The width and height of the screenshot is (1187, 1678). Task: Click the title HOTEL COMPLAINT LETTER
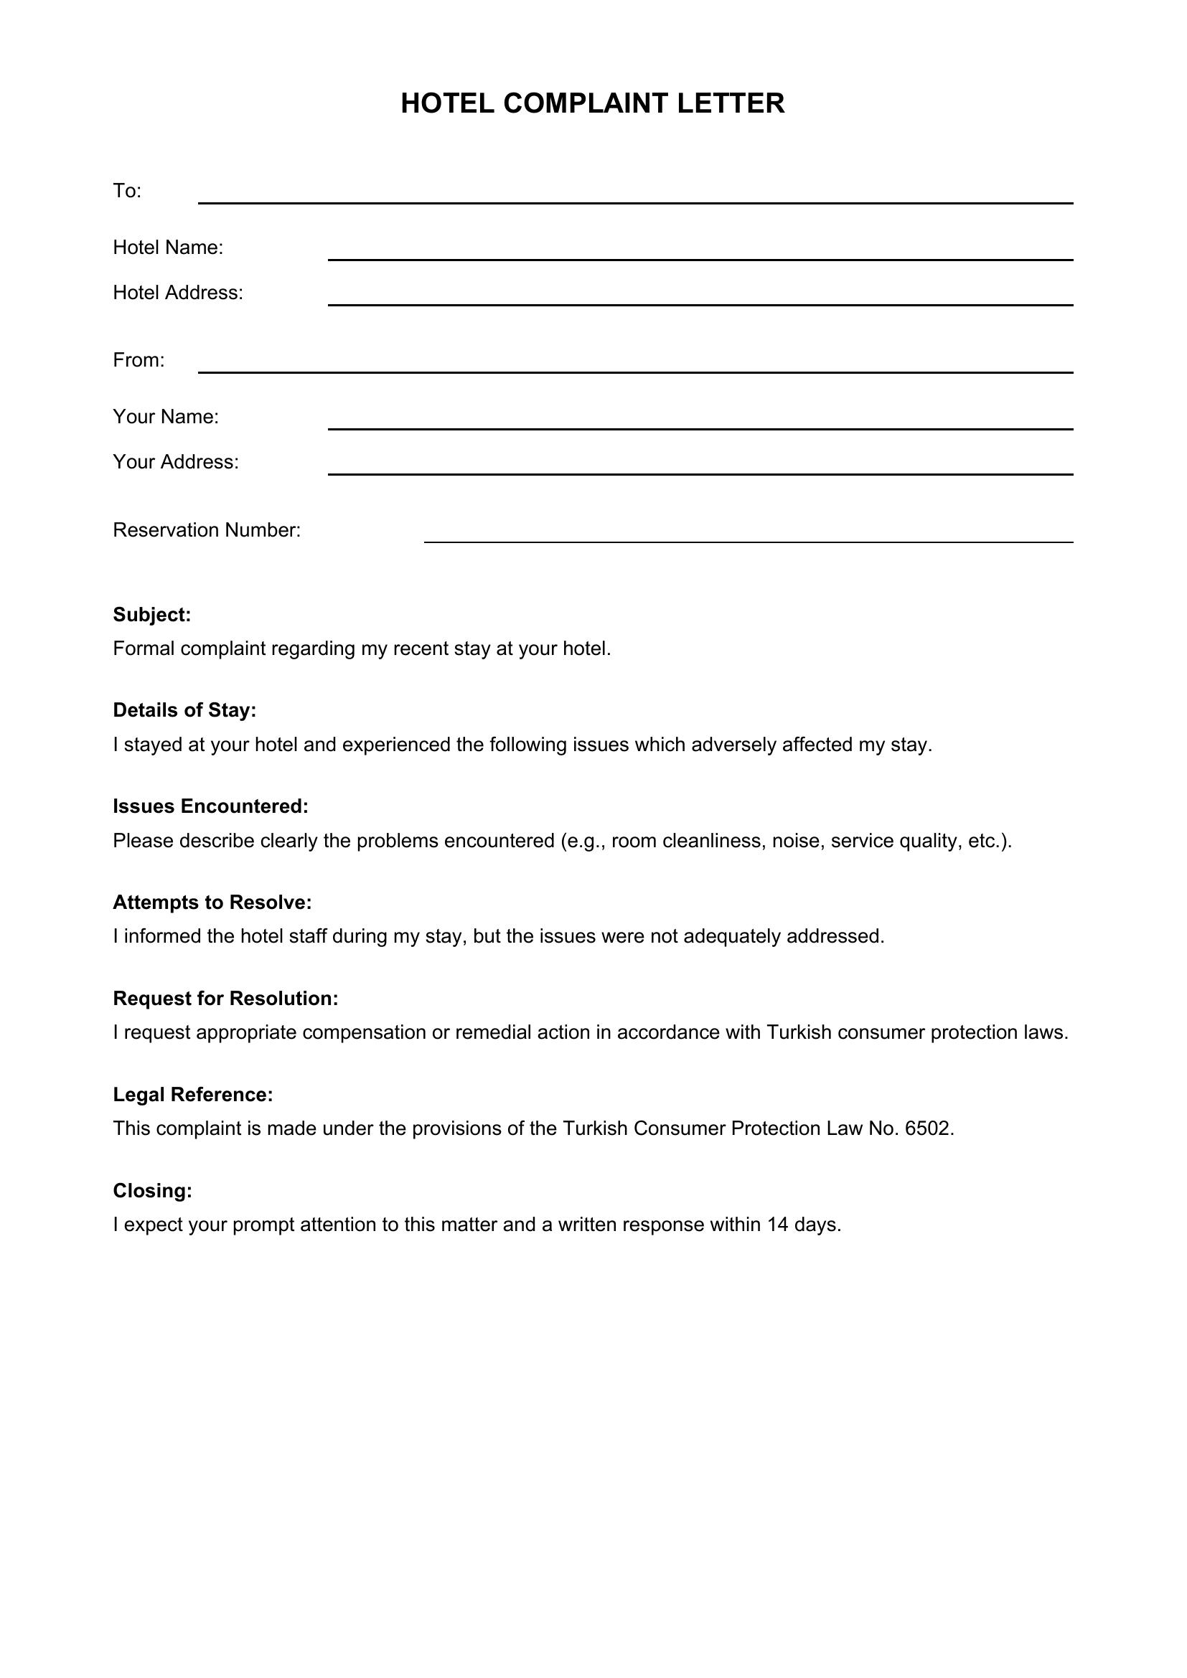(593, 104)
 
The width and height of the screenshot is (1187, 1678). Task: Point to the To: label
(127, 192)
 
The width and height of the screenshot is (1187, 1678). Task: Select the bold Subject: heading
(152, 616)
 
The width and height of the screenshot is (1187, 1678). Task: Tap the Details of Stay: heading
(185, 710)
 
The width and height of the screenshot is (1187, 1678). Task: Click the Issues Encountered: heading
(210, 807)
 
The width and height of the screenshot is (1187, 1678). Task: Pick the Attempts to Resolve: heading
(212, 903)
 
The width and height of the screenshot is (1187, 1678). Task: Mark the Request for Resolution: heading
(226, 999)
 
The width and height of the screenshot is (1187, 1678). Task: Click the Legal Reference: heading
(193, 1095)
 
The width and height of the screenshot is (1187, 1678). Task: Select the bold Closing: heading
(153, 1192)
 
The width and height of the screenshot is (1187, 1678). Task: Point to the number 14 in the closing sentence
(777, 1225)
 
